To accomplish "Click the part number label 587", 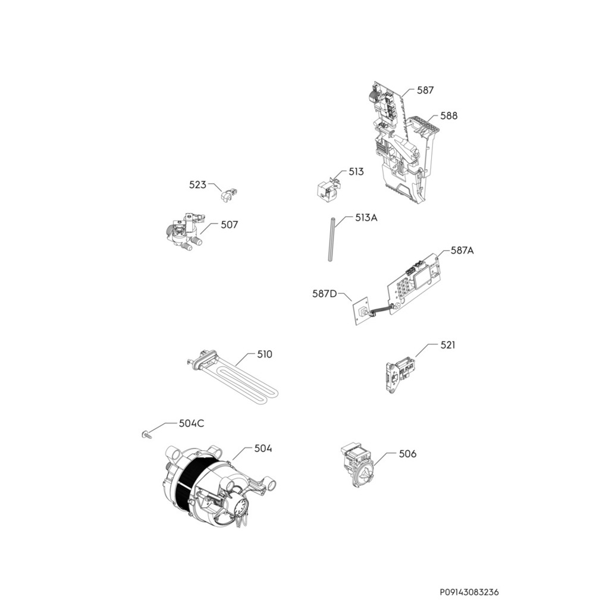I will (x=425, y=90).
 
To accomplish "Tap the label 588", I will (x=449, y=116).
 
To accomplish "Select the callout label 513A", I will (x=366, y=218).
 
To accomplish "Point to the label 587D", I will (x=325, y=293).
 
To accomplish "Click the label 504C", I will (x=192, y=423).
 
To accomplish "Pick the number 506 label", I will (x=407, y=454).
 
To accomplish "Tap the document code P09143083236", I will (x=469, y=592).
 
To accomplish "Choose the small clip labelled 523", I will (x=228, y=194).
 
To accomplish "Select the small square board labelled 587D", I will (x=359, y=312).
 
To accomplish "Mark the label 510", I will (x=265, y=354).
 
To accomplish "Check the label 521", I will (x=448, y=345).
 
